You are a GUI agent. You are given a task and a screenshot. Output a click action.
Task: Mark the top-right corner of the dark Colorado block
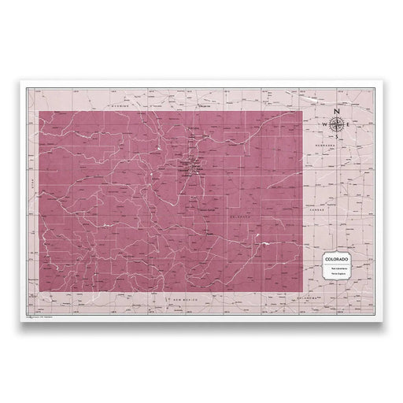point(301,112)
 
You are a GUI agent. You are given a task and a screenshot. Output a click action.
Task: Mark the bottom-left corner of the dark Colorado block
point(39,293)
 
